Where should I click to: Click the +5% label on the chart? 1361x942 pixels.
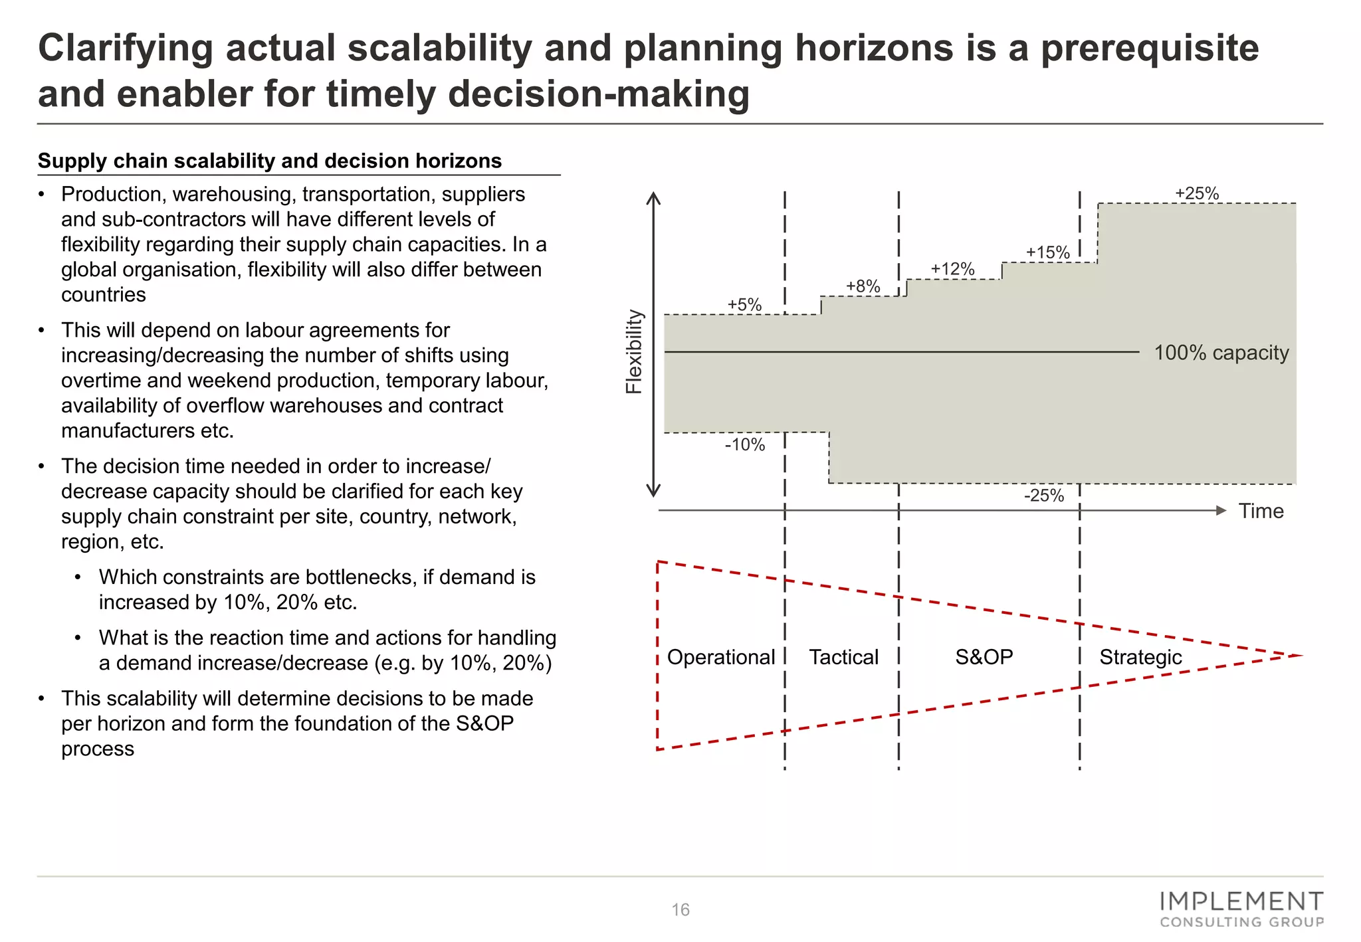(x=744, y=305)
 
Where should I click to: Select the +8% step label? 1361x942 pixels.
(x=863, y=286)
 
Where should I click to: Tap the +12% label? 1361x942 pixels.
(x=952, y=269)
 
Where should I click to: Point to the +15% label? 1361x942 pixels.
(x=1047, y=252)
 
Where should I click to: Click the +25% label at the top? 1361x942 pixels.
(x=1197, y=193)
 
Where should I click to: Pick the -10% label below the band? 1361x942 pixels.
(x=745, y=444)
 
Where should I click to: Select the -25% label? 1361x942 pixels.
(x=1044, y=496)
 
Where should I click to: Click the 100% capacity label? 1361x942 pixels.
(x=1221, y=353)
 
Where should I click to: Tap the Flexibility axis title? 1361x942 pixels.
(x=635, y=351)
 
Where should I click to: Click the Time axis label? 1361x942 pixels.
(x=1261, y=511)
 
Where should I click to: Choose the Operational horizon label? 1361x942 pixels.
(x=720, y=657)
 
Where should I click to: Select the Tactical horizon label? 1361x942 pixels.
(x=843, y=657)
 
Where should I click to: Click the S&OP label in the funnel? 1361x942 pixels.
(x=984, y=657)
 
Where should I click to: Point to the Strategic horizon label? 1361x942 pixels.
(x=1140, y=657)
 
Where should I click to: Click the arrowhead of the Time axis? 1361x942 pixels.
(x=1221, y=510)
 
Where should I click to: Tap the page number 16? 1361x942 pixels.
(x=680, y=909)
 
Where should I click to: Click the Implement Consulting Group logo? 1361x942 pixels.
(x=1241, y=909)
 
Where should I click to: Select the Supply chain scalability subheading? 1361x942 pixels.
(x=270, y=161)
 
